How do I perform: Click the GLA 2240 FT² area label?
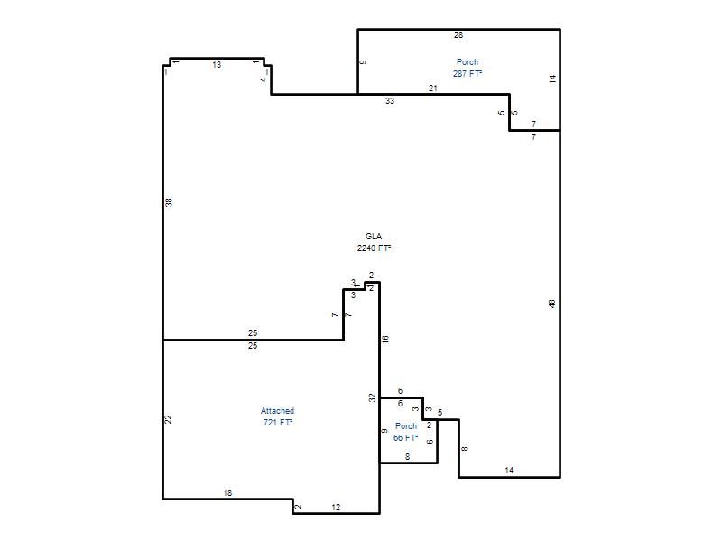pyautogui.click(x=374, y=242)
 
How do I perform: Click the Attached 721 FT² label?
pyautogui.click(x=278, y=416)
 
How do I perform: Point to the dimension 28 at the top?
pyautogui.click(x=458, y=35)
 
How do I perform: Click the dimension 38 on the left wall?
pyautogui.click(x=169, y=201)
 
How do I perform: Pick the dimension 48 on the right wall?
pyautogui.click(x=552, y=304)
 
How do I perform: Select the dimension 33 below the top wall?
pyautogui.click(x=390, y=101)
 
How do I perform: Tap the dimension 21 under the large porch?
pyautogui.click(x=433, y=88)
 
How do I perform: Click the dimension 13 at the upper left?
pyautogui.click(x=217, y=65)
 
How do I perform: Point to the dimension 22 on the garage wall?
pyautogui.click(x=169, y=419)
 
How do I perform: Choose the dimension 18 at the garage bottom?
pyautogui.click(x=227, y=493)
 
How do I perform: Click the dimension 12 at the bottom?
pyautogui.click(x=336, y=508)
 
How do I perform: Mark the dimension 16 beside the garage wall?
pyautogui.click(x=385, y=340)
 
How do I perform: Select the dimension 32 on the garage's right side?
pyautogui.click(x=373, y=397)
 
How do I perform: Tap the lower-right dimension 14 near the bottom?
pyautogui.click(x=509, y=471)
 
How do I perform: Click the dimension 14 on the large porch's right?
pyautogui.click(x=552, y=79)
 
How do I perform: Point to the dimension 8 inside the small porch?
pyautogui.click(x=408, y=457)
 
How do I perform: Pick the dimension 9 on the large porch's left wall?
pyautogui.click(x=363, y=62)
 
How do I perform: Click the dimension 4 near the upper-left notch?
pyautogui.click(x=264, y=79)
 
